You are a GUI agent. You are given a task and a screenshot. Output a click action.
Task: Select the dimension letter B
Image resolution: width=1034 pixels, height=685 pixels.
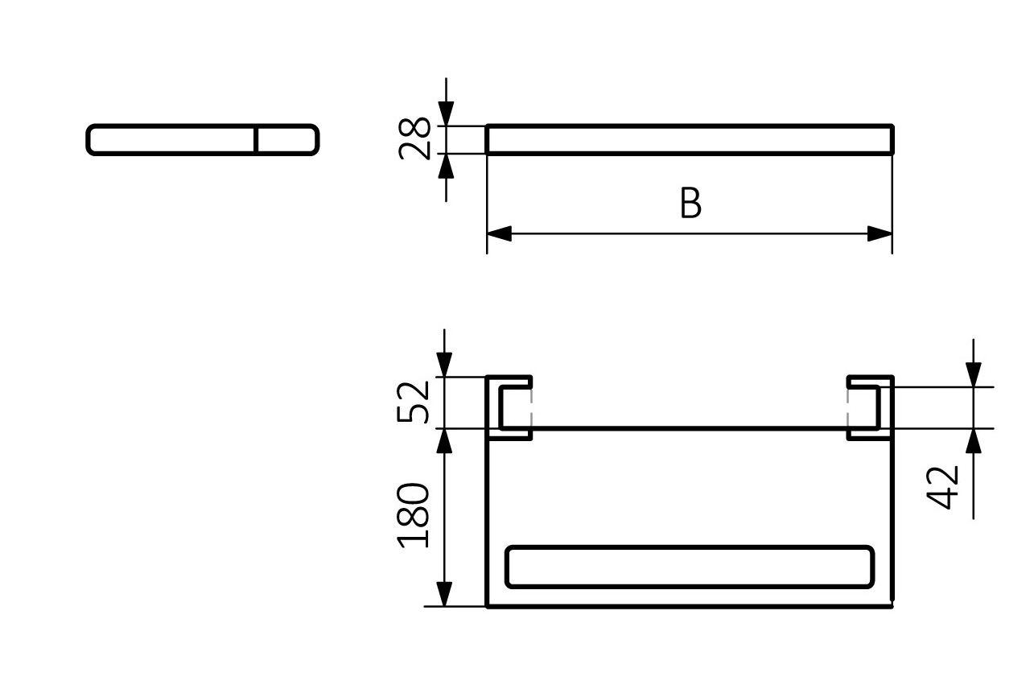pyautogui.click(x=690, y=204)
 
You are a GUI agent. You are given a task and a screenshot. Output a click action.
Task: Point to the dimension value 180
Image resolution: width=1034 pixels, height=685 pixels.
pyautogui.click(x=415, y=516)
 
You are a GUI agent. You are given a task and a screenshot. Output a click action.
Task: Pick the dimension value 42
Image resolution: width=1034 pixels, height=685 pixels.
pyautogui.click(x=944, y=487)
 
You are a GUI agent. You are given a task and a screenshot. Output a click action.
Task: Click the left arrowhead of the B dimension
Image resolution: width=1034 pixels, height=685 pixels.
pyautogui.click(x=500, y=234)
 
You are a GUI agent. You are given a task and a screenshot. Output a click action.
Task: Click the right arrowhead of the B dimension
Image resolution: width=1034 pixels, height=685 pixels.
pyautogui.click(x=880, y=234)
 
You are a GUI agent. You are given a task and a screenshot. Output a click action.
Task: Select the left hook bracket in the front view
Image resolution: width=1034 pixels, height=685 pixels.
pyautogui.click(x=509, y=407)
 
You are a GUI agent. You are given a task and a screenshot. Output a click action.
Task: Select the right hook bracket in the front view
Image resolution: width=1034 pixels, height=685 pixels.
pyautogui.click(x=870, y=407)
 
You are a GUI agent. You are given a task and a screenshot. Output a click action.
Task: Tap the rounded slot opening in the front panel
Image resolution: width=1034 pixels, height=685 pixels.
pyautogui.click(x=689, y=567)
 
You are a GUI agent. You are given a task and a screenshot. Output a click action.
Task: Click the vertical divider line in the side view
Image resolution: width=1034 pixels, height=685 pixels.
pyautogui.click(x=256, y=139)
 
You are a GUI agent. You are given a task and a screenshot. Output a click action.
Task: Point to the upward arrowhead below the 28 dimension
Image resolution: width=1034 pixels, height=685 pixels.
pyautogui.click(x=446, y=165)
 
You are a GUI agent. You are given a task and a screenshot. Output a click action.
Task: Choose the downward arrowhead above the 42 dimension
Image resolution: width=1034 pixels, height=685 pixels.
pyautogui.click(x=974, y=375)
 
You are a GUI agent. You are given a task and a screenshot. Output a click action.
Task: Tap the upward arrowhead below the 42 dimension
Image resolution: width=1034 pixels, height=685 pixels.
pyautogui.click(x=974, y=440)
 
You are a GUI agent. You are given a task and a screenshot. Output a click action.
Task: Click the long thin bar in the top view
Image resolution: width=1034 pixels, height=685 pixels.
pyautogui.click(x=690, y=139)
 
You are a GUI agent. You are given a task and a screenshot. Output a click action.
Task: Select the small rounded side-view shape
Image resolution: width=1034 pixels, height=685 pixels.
pyautogui.click(x=202, y=139)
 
